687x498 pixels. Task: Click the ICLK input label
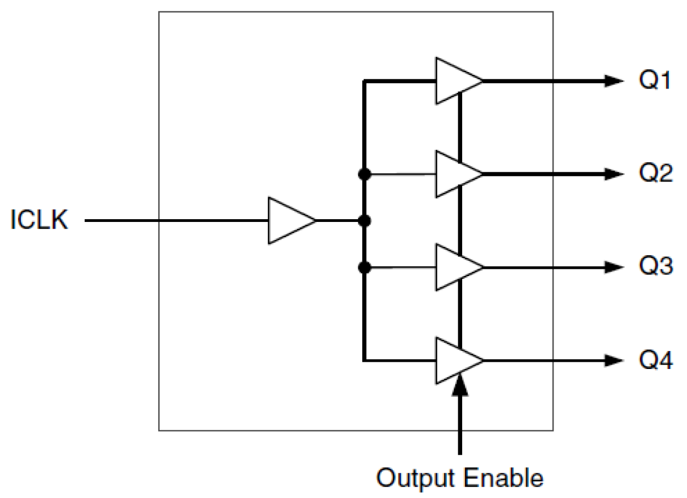pyautogui.click(x=40, y=221)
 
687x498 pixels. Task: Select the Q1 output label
pyautogui.click(x=655, y=81)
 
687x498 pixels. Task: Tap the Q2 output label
pyautogui.click(x=655, y=175)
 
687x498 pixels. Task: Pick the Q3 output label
pyautogui.click(x=655, y=268)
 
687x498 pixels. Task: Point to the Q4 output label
pyautogui.click(x=655, y=361)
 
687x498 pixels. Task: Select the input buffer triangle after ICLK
pyautogui.click(x=289, y=221)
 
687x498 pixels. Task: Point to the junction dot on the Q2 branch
pyautogui.click(x=363, y=175)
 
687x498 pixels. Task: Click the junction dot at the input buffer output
pyautogui.click(x=363, y=221)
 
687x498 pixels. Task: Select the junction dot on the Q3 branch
pyautogui.click(x=363, y=268)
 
